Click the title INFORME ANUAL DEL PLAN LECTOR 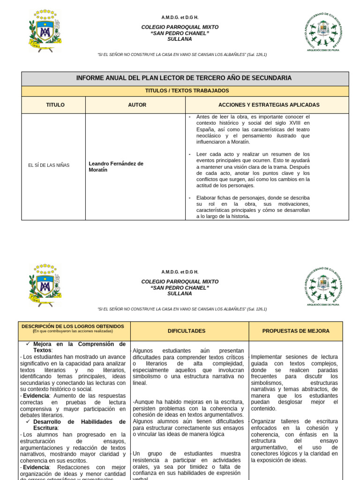184,78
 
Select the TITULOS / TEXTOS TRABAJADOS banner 185,90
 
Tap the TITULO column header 55,105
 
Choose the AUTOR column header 137,105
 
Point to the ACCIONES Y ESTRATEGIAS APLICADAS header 269,105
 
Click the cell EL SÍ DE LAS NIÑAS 49,165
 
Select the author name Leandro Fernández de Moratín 116,166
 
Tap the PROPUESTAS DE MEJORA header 296,331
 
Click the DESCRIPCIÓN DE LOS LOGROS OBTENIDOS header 73,326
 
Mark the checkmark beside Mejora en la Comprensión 28,344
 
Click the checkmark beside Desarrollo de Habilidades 28,421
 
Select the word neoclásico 211,135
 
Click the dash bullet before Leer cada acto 189,154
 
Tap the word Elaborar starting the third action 206,198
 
